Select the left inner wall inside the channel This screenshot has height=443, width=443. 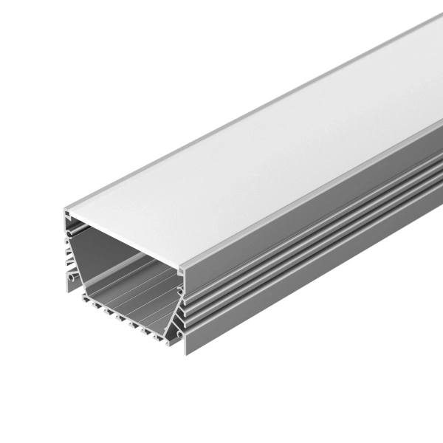81,258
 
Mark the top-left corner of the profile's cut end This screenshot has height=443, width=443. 64,211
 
